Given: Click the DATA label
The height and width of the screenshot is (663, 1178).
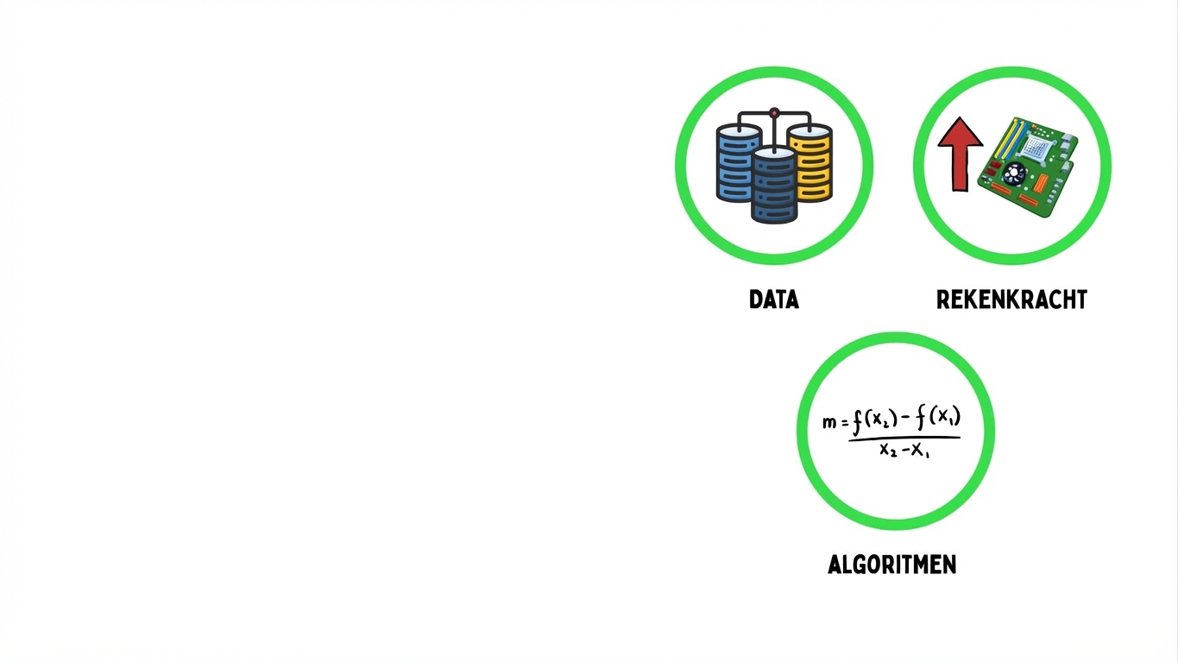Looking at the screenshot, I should pos(774,300).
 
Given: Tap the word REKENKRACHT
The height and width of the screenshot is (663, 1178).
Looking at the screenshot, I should pos(1011,300).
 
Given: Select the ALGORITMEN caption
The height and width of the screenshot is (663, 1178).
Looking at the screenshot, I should pos(891,565).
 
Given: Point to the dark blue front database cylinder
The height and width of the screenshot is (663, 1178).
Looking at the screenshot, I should pos(774,186).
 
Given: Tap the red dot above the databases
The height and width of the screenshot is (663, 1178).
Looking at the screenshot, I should pos(774,112).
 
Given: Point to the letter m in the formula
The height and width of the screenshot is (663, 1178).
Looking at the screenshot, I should pos(829,422).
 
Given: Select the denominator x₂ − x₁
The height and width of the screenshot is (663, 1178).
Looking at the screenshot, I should pos(904,450).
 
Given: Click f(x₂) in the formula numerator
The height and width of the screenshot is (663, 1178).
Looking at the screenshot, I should pos(875,420).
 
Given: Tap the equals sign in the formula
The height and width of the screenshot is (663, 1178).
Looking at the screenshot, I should pos(845,422).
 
